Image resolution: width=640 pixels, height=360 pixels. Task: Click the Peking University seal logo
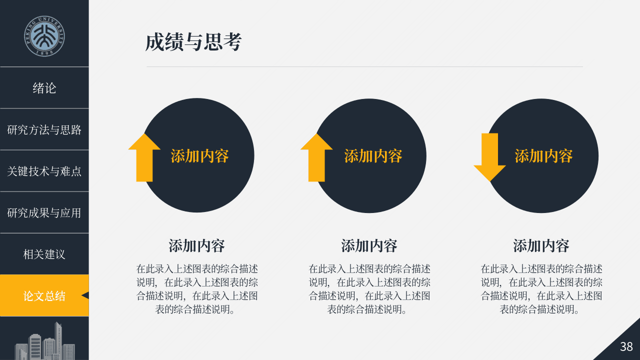point(44,36)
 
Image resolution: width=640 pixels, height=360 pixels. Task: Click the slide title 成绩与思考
point(193,42)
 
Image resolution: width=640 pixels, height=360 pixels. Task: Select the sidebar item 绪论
point(44,88)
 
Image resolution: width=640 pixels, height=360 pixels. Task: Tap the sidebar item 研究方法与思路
point(44,129)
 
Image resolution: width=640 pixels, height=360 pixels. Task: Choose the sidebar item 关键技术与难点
point(44,171)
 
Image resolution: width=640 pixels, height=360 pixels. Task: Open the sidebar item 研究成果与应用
point(44,213)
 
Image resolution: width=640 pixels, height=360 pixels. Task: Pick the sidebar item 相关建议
point(44,254)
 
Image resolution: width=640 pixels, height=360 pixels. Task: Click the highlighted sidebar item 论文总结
point(44,296)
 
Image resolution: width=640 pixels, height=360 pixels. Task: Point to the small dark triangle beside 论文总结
point(85,295)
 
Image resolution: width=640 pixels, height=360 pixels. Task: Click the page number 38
point(626,346)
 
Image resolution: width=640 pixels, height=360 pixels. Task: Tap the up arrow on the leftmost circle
point(144,157)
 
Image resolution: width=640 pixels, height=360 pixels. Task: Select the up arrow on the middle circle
point(316,157)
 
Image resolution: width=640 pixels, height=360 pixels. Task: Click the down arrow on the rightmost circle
point(489,157)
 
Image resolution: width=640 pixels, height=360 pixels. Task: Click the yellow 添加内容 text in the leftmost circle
point(199,156)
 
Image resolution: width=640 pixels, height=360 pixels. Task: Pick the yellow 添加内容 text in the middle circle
point(373,156)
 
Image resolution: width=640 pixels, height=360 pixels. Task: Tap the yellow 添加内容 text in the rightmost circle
point(543,156)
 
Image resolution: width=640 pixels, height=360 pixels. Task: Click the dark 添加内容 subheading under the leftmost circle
point(197,245)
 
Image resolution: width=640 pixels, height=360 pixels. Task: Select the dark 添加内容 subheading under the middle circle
point(369,245)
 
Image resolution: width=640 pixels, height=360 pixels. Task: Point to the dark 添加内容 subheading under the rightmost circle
point(541,245)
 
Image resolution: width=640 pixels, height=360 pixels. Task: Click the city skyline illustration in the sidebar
point(45,341)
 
